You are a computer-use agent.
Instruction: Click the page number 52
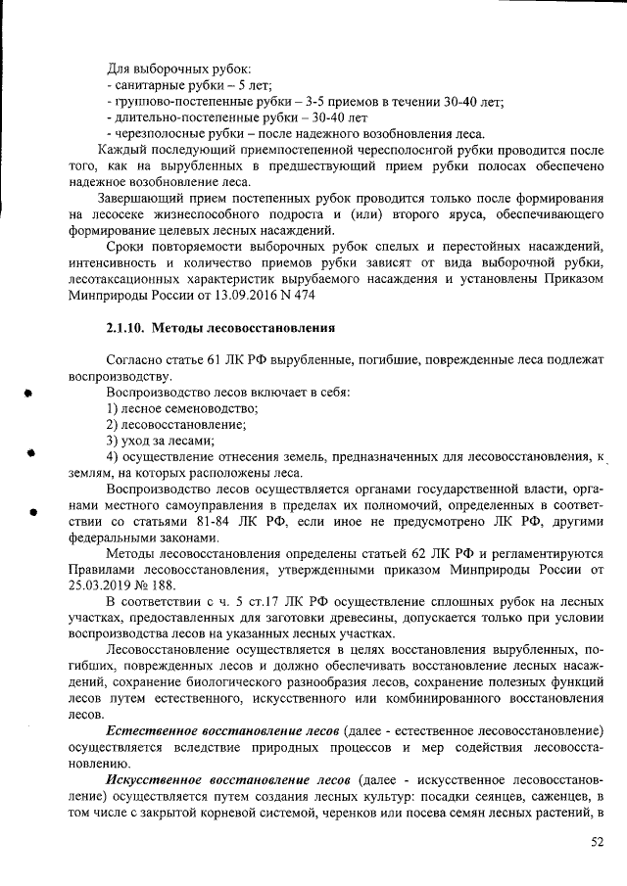point(597,842)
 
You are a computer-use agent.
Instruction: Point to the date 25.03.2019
point(102,584)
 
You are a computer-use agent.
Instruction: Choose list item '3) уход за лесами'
point(154,440)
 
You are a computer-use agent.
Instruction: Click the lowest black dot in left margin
point(32,511)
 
